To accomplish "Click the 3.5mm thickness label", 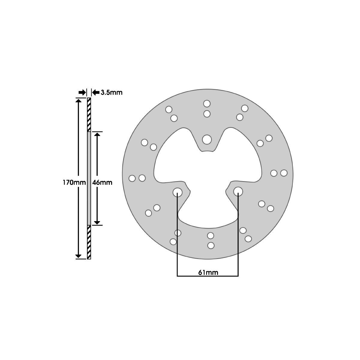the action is pos(112,92).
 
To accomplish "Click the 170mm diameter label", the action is pos(74,182).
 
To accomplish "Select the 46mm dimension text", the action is pos(102,182).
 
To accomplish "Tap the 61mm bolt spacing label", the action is pos(208,273).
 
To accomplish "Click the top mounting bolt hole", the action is pos(207,139).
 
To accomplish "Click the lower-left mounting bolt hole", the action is pos(177,192).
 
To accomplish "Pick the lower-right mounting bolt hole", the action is pos(238,191).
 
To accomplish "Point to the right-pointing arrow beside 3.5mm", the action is pos(82,92).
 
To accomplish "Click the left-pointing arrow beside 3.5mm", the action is pos(96,92).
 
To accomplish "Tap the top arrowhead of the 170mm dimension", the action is pos(78,100).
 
